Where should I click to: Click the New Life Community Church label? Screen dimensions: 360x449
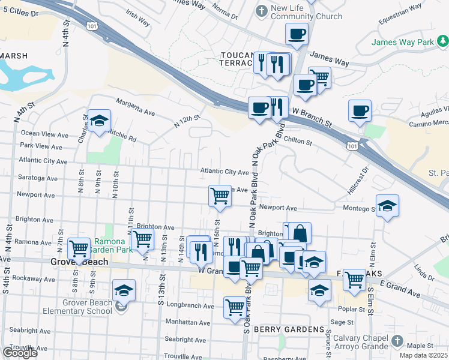(298, 12)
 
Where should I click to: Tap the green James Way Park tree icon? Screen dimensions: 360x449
(443, 41)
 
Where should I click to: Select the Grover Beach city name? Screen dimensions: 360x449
(79, 262)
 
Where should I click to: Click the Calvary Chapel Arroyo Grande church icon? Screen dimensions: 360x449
(396, 341)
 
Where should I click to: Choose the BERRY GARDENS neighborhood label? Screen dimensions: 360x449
(289, 329)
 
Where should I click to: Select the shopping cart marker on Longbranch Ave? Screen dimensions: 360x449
(235, 307)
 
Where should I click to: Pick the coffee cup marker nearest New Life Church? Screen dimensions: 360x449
(296, 35)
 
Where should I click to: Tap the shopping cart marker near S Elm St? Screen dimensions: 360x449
(355, 279)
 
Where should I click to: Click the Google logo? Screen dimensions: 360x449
(19, 353)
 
